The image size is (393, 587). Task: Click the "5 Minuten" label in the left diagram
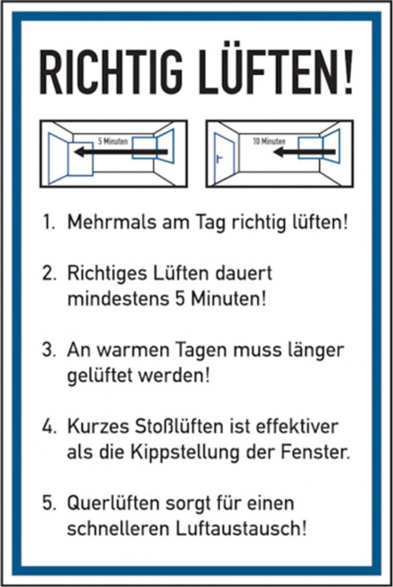coord(113,141)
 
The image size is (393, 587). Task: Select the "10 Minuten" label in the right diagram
coord(269,141)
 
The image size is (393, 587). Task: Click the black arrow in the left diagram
coord(120,152)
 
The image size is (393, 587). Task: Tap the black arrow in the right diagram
coord(304,152)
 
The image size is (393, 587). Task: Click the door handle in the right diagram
coord(219,159)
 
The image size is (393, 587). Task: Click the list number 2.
coord(49,273)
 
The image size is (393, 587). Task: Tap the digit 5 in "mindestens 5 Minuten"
coord(180,299)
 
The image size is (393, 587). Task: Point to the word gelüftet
coord(100,375)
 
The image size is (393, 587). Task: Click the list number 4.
coord(49,427)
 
